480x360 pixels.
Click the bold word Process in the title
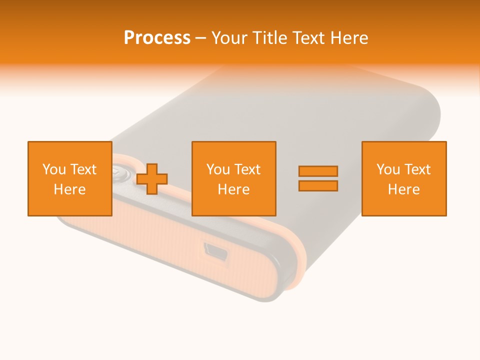point(157,38)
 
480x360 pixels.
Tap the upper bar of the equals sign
point(318,171)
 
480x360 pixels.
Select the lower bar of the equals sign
point(318,186)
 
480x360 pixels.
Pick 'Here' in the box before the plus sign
point(69,189)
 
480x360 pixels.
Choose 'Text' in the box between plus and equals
point(246,169)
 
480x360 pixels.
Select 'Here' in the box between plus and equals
point(233,189)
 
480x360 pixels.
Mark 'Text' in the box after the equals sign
point(416,169)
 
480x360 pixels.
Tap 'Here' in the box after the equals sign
point(403,189)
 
